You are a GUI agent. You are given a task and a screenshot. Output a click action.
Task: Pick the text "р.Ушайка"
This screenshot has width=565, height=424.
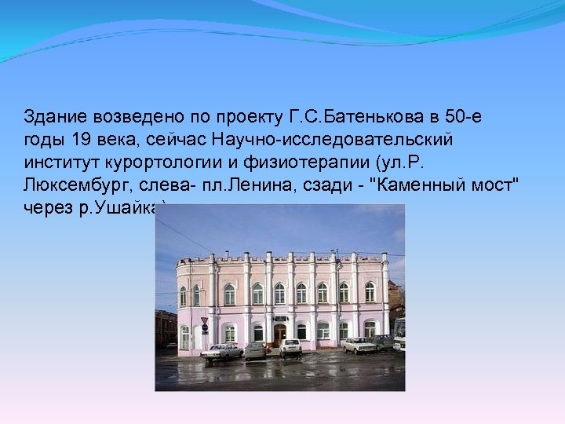[x=128, y=208]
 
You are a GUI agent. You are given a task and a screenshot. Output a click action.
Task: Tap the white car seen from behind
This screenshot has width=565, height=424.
[x=290, y=348]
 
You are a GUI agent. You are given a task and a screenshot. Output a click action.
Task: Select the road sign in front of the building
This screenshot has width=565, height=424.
[x=205, y=322]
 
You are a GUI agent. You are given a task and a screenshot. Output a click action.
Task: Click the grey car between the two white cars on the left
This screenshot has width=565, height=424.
[x=256, y=350]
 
